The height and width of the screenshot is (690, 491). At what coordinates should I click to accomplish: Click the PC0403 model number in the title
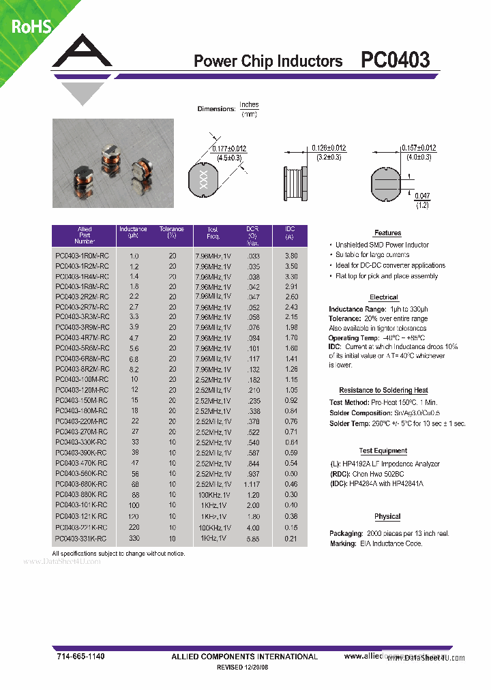pos(396,60)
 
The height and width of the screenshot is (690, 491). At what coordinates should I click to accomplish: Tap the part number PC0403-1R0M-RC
pos(82,256)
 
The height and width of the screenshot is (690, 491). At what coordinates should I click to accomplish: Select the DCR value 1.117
pos(252,483)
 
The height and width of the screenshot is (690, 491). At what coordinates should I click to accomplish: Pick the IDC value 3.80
pos(291,256)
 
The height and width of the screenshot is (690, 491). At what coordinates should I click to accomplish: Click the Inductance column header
pos(133,232)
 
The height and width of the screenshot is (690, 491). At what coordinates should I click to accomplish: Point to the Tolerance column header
pos(172,232)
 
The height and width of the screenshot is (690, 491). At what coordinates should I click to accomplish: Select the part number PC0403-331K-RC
pos(82,539)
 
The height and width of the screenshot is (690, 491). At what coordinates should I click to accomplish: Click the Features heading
pos(387,233)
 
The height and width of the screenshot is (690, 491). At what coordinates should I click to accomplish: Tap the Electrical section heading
pos(383,297)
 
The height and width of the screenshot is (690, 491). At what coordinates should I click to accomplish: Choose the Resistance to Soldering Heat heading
pos(383,390)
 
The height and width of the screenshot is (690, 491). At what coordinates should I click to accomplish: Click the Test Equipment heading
pos(383,451)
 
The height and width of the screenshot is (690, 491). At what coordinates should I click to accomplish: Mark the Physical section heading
pos(387,517)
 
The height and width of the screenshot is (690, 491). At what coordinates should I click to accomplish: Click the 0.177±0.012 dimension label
pos(229,149)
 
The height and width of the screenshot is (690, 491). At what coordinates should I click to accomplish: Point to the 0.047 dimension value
pos(423,196)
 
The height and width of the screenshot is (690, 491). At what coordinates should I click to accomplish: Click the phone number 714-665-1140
pos(80,656)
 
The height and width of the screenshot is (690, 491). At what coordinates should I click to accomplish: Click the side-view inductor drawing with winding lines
pos(296,182)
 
